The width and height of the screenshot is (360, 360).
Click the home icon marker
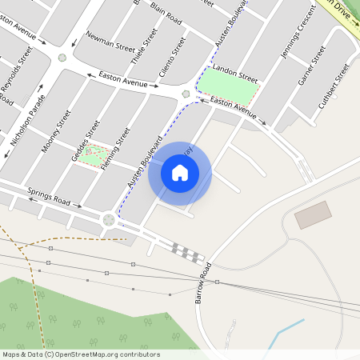coord(180,172)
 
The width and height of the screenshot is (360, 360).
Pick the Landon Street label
coord(235,74)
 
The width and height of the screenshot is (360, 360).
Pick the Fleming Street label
coord(116,150)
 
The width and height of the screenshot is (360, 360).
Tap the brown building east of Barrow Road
coord(313,214)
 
